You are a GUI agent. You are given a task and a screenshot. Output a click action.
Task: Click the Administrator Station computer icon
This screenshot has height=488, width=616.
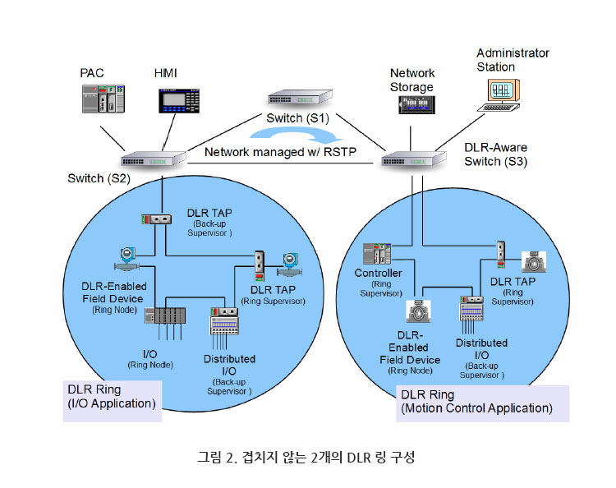[x=503, y=93]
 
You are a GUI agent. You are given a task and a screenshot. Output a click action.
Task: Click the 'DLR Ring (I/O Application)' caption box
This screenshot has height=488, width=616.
[x=112, y=398]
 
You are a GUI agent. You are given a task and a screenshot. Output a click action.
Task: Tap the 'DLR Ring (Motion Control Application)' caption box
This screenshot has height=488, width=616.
[x=476, y=403]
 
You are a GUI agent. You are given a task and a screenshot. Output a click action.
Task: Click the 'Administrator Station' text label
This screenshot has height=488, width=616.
[x=513, y=60]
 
